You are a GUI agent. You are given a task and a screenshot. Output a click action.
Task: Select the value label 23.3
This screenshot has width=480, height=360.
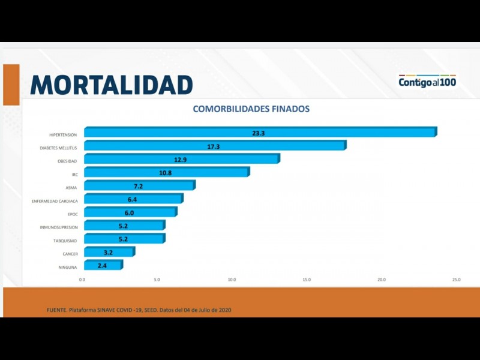coord(259,133)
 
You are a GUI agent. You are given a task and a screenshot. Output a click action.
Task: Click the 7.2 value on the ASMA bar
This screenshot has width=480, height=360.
coord(139,186)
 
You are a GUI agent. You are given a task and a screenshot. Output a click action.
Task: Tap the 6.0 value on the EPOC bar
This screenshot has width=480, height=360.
coord(130,212)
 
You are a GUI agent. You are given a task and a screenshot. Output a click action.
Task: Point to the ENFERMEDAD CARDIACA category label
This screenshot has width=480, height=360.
coord(55,201)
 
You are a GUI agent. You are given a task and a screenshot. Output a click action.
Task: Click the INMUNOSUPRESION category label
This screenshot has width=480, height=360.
coord(59,227)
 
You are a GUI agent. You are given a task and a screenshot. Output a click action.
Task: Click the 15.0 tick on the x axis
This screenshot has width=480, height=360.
coord(306,280)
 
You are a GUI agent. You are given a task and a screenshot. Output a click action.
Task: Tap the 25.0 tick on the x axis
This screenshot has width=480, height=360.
coord(456,280)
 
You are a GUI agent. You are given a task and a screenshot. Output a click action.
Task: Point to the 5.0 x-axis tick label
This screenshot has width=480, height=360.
coord(157,280)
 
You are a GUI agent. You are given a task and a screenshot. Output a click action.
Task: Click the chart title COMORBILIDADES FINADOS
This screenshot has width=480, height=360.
coord(251,109)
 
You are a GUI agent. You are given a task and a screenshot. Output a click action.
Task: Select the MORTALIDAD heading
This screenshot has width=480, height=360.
coord(112,85)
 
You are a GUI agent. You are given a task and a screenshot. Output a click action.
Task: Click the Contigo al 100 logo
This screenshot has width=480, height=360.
coord(427,81)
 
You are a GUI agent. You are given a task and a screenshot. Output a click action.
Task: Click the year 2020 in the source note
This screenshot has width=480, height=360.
coord(224,310)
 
